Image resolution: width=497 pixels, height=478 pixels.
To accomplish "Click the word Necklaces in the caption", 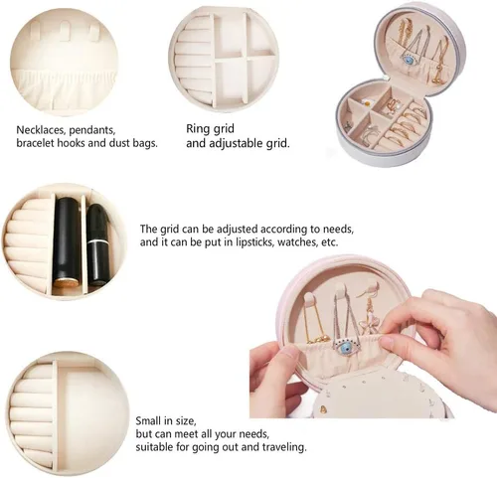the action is [41, 130].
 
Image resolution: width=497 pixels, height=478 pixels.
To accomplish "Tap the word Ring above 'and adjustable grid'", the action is [195, 128].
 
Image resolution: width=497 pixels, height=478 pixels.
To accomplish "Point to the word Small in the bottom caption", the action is [148, 420].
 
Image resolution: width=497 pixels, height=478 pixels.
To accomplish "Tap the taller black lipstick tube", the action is [68, 242].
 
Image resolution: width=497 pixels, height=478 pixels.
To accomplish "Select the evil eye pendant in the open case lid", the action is [408, 61].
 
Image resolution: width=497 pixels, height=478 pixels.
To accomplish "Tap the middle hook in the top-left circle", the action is [66, 32].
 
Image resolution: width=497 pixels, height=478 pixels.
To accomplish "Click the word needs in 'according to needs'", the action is [338, 230].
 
